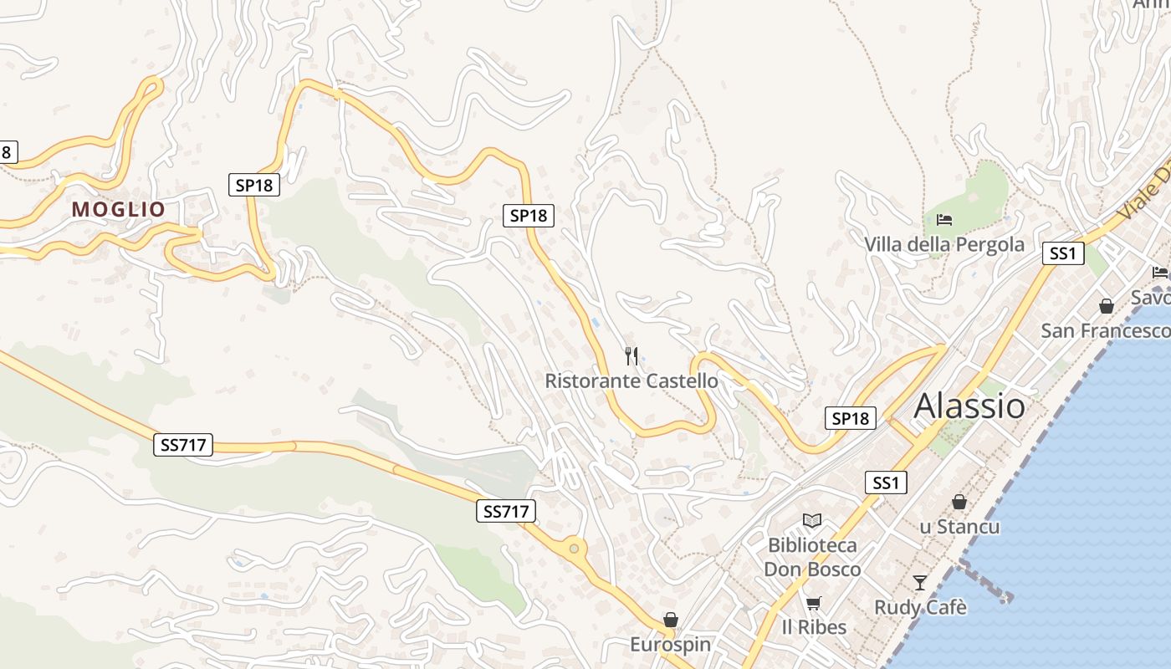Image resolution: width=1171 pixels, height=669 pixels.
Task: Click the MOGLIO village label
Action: click(x=119, y=209)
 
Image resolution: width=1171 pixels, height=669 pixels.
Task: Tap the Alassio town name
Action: click(x=969, y=406)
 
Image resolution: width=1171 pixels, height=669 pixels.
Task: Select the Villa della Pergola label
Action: click(x=944, y=244)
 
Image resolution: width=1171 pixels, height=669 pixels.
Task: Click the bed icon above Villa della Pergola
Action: click(x=944, y=220)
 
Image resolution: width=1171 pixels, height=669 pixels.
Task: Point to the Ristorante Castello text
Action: click(x=632, y=380)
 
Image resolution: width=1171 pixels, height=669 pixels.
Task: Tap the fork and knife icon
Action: click(x=632, y=356)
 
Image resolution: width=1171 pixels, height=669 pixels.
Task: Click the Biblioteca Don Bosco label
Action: click(x=812, y=557)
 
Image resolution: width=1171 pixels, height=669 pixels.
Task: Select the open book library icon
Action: click(x=812, y=520)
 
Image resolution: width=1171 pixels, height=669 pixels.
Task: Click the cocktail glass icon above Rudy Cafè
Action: click(x=920, y=582)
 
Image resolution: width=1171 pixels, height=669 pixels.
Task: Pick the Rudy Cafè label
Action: click(x=920, y=607)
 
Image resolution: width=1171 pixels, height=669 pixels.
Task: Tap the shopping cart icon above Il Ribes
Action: click(x=813, y=602)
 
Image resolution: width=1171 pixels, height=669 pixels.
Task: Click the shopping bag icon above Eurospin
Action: click(x=670, y=620)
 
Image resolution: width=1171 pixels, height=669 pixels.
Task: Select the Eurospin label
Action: click(x=670, y=645)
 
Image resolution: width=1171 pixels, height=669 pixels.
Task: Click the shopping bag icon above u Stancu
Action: click(x=959, y=502)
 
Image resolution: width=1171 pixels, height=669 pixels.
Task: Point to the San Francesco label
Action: click(x=1104, y=331)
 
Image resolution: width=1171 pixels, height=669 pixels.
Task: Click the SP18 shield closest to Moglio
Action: click(x=254, y=185)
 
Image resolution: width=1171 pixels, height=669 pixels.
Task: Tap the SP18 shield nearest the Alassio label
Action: click(x=851, y=418)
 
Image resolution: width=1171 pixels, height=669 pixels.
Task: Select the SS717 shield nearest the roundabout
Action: click(x=506, y=511)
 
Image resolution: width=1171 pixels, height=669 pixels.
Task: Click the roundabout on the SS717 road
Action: click(x=575, y=549)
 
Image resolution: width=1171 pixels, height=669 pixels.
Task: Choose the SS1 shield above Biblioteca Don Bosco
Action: click(x=886, y=483)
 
